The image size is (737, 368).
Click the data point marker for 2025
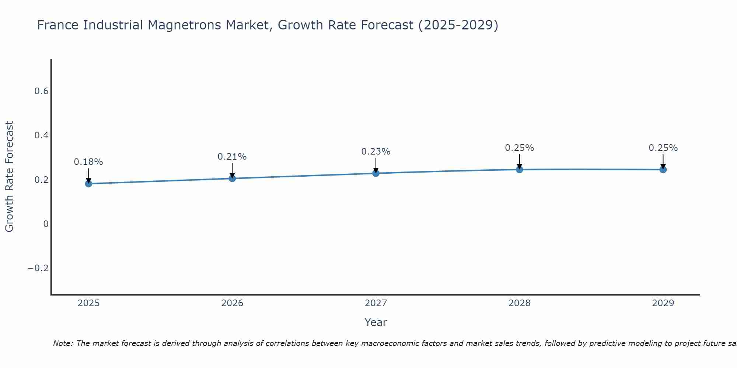[88, 183]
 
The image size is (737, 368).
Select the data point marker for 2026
[232, 178]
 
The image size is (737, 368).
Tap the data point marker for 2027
[376, 173]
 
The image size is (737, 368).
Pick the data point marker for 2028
[519, 169]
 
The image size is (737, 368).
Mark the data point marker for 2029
[663, 169]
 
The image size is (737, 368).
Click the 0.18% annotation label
[88, 162]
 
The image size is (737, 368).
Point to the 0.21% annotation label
[232, 157]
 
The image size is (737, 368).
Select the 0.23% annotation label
[376, 152]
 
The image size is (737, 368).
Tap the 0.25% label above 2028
[519, 148]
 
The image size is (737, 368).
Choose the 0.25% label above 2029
[663, 148]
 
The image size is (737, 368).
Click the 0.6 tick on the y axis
[42, 91]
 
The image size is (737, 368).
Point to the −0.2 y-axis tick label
[38, 268]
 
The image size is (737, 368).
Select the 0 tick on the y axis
[46, 224]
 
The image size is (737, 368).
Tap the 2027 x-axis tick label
[376, 303]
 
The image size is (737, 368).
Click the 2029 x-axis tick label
[663, 303]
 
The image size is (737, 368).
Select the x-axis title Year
[376, 322]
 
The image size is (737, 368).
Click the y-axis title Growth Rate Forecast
[10, 177]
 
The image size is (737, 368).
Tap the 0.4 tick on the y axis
[42, 135]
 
